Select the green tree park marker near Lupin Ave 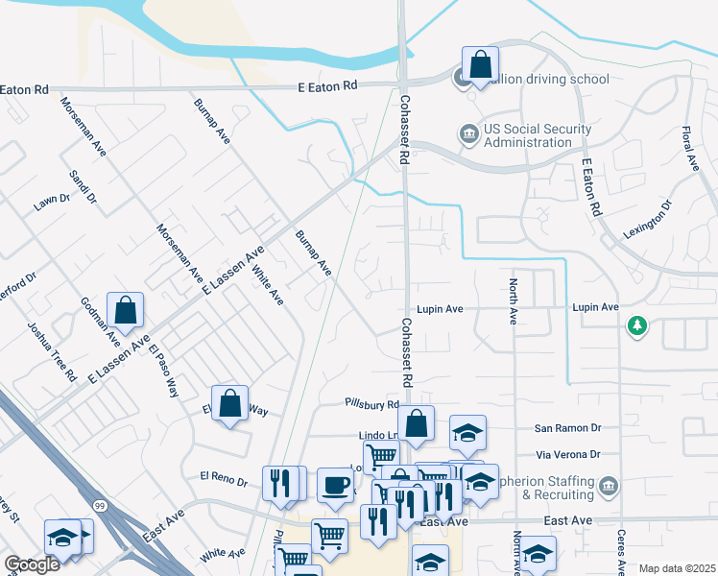pos(635,327)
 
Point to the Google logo pos(32,564)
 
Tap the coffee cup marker pos(334,485)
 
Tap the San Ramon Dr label pos(567,429)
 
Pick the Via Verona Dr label pos(567,454)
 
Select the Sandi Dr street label pos(84,187)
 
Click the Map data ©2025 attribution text pos(676,568)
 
